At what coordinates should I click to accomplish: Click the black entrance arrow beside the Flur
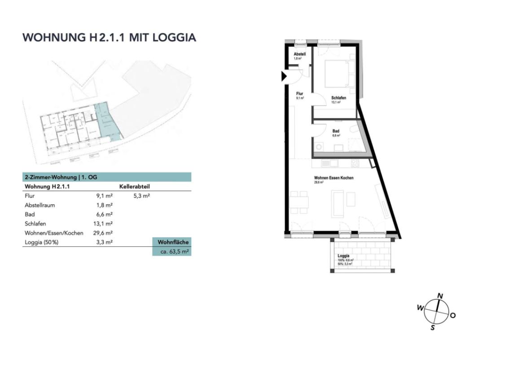[284, 76]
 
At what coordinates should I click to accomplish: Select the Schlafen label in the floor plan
[338, 98]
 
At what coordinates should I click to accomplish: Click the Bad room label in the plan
[336, 131]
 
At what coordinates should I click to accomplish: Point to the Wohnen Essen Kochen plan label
[333, 178]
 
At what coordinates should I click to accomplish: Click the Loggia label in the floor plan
[343, 256]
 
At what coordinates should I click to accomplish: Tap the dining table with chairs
[300, 203]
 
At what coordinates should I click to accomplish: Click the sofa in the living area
[338, 203]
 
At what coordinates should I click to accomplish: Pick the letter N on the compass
[440, 296]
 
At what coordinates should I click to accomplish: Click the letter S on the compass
[433, 328]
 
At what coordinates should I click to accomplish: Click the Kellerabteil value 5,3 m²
[142, 196]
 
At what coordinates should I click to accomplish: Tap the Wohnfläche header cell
[173, 242]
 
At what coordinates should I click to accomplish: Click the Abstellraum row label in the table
[40, 205]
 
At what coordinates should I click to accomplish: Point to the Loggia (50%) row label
[42, 243]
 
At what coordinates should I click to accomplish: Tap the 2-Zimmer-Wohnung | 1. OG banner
[107, 177]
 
